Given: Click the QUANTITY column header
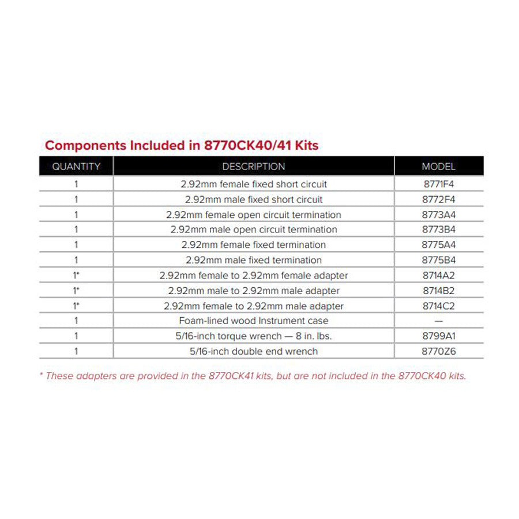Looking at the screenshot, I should [76, 167].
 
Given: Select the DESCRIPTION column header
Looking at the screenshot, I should [254, 167].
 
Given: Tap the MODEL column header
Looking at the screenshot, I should [438, 167].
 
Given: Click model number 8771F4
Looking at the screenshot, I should [438, 185].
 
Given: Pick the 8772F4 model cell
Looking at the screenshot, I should [438, 200].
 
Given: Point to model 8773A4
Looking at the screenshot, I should [438, 215].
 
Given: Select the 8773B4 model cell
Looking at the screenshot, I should [438, 230].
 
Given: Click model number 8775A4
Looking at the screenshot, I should [438, 245].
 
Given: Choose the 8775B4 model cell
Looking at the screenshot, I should [438, 260].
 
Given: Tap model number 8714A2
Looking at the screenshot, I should [438, 276].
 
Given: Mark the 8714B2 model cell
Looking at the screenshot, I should [438, 291].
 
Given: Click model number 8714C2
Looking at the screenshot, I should [438, 306].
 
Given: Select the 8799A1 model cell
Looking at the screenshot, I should [438, 336].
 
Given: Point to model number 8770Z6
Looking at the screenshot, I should [438, 351].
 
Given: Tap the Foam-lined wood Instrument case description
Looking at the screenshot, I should [254, 321].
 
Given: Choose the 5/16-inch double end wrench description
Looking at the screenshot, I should [254, 351].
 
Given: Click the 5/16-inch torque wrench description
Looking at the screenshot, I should [254, 336].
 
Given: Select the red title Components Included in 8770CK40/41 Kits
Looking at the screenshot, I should [182, 145].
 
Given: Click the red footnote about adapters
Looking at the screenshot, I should [253, 376].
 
